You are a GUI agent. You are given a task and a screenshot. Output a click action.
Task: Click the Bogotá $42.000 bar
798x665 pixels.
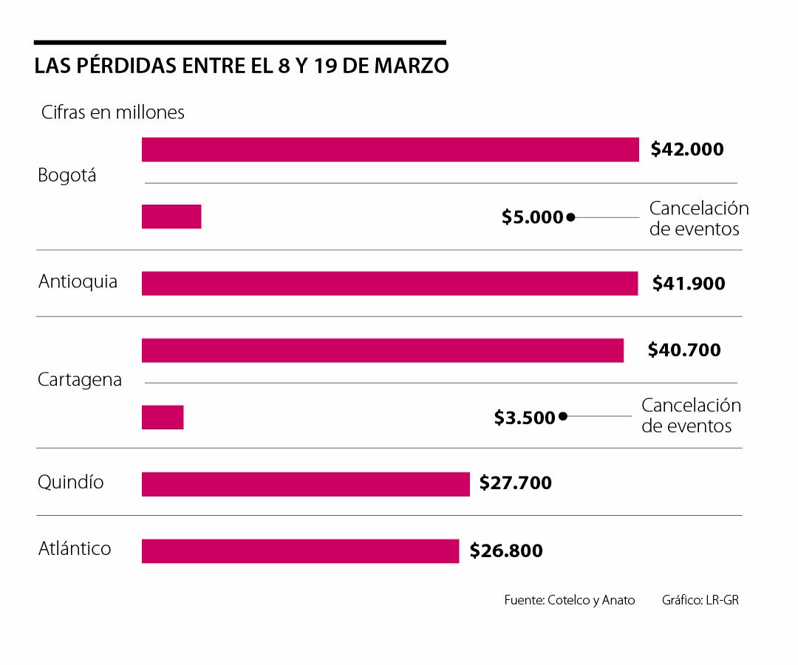coord(390,149)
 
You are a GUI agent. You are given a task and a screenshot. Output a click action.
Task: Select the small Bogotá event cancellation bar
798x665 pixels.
coord(171,216)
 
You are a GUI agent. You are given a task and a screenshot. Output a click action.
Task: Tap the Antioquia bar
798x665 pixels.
coord(389,283)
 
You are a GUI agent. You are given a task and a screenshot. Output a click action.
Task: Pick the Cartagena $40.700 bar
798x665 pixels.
coord(383,350)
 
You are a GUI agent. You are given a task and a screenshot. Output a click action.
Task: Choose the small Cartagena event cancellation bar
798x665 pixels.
coord(163,417)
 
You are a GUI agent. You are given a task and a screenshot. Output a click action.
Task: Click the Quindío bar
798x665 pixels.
coord(306,484)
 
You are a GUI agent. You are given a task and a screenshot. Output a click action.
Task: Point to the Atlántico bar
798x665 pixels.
coord(300,551)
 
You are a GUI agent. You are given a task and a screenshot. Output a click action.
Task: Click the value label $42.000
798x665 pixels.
coord(687,149)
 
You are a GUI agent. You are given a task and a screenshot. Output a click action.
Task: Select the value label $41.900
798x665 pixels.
coord(689,283)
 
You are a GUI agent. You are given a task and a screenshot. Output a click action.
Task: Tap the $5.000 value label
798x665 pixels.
coord(532,217)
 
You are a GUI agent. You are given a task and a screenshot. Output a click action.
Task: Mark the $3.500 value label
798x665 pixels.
coord(525,417)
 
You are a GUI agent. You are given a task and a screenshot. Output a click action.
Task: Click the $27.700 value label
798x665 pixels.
coord(516,483)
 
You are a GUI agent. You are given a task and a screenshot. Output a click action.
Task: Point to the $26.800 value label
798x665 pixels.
coord(506,550)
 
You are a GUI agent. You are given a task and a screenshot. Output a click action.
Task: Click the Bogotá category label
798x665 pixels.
coord(67,177)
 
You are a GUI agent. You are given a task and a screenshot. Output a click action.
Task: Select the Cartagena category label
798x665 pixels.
coord(80,380)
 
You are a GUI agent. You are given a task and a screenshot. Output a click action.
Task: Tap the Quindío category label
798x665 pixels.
coord(71,482)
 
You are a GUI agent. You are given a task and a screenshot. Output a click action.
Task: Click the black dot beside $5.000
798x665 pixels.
coord(570,217)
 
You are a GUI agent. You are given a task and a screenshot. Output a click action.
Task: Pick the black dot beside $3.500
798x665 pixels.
coord(563,416)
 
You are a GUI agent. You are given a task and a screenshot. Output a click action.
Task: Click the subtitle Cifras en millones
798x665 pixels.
coord(112,112)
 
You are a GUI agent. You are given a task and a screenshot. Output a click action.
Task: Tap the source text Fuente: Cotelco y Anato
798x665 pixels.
coord(570,600)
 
